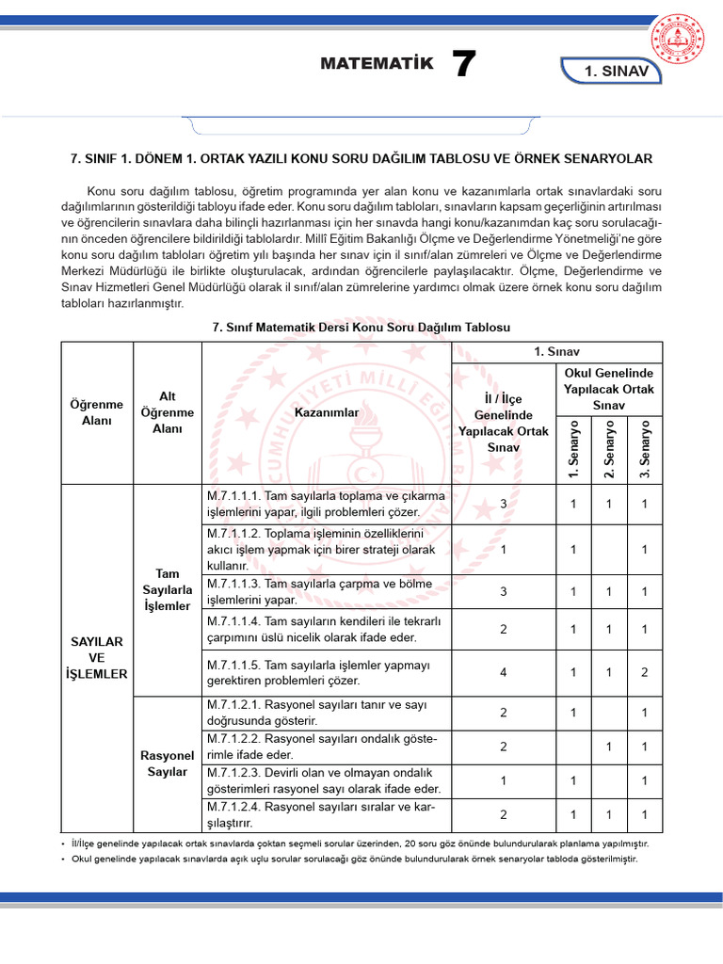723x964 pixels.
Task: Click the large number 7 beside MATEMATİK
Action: (x=463, y=65)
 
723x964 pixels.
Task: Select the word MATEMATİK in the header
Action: (x=377, y=64)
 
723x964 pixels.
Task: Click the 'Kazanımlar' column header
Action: (x=327, y=412)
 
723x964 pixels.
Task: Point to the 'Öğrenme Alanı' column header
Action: (x=97, y=412)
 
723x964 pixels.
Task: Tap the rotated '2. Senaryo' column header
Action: (x=609, y=448)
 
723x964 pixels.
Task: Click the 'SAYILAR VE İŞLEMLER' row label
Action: (x=97, y=657)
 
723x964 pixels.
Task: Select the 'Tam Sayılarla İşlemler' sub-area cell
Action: (x=168, y=589)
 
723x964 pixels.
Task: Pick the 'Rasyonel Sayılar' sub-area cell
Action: (x=168, y=763)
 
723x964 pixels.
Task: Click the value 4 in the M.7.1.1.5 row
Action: (x=504, y=672)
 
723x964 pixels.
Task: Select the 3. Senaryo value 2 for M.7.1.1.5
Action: (x=644, y=672)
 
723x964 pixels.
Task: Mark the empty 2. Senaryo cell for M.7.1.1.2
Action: (x=609, y=549)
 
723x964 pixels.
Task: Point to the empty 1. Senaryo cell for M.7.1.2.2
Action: (x=573, y=747)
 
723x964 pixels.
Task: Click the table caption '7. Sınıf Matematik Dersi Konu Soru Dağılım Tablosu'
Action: (x=361, y=327)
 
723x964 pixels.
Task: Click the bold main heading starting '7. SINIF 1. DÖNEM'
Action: (x=361, y=158)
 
